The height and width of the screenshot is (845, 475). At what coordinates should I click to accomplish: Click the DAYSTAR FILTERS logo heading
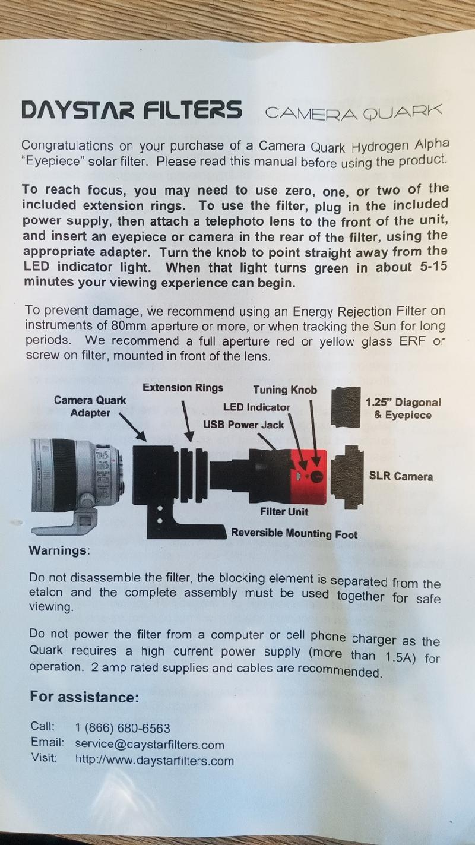click(x=131, y=110)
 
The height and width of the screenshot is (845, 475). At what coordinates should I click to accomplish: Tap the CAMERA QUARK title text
click(x=353, y=112)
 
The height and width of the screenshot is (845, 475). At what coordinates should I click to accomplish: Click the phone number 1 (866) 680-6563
click(x=123, y=727)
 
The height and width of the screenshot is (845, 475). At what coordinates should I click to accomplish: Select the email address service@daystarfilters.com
click(x=150, y=744)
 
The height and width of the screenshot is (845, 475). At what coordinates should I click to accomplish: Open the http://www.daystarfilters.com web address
click(x=155, y=761)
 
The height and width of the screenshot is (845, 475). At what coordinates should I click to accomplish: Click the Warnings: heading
click(x=59, y=550)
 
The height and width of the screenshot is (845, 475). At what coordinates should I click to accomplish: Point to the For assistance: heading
click(x=84, y=697)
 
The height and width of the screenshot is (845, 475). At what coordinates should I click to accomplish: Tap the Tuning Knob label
click(x=285, y=390)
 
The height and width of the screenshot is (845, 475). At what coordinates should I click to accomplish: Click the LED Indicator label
click(x=256, y=407)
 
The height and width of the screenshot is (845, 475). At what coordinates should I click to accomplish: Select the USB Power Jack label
click(x=243, y=425)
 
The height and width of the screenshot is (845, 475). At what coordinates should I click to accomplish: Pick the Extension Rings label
click(x=183, y=388)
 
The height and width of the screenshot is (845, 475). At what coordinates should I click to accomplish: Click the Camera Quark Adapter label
click(x=90, y=406)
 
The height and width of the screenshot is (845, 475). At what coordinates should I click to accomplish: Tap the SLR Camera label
click(x=401, y=476)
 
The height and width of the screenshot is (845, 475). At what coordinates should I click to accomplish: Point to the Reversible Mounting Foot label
click(x=294, y=533)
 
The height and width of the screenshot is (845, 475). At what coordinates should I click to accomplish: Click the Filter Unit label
click(x=284, y=512)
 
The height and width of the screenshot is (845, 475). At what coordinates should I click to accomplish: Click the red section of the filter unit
click(x=309, y=476)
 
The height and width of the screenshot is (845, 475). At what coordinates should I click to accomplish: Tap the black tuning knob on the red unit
click(x=317, y=477)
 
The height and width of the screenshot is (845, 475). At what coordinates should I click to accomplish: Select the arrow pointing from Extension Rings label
click(x=188, y=420)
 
